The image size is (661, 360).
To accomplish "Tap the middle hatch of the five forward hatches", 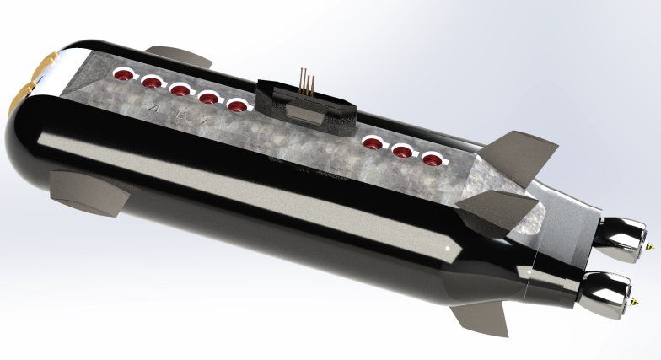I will pyautogui.click(x=180, y=89).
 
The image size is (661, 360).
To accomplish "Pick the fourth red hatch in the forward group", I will pyautogui.click(x=209, y=97).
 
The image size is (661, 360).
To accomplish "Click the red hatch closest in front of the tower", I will pyautogui.click(x=238, y=105).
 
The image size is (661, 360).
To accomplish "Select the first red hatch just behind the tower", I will pyautogui.click(x=372, y=142).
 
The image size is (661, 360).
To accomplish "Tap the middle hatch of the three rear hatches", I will pyautogui.click(x=402, y=151).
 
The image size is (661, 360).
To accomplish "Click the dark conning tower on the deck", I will pyautogui.click(x=308, y=105).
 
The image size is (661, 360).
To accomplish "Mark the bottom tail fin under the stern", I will pyautogui.click(x=481, y=317).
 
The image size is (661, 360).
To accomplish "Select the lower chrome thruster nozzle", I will pyautogui.click(x=610, y=288).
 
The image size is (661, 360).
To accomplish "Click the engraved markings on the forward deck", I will pyautogui.click(x=177, y=114).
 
